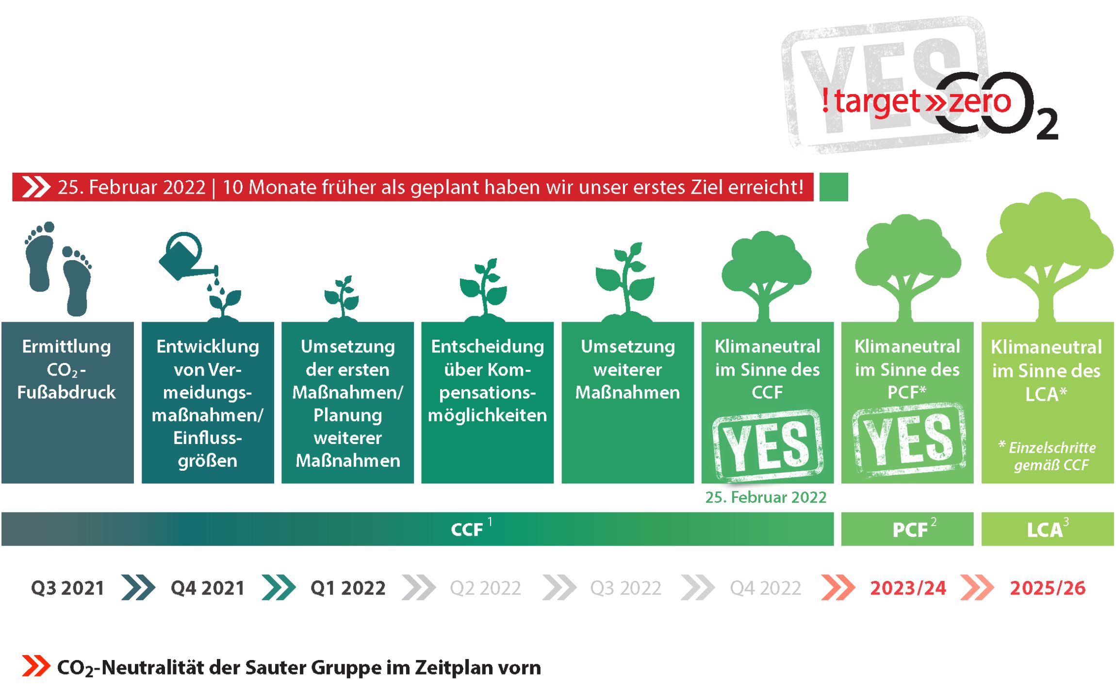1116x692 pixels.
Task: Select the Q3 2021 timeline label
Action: pyautogui.click(x=67, y=588)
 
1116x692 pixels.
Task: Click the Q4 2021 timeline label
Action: pyautogui.click(x=207, y=588)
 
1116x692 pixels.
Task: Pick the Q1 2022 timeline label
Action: pyautogui.click(x=348, y=588)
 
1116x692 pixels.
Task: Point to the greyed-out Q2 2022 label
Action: pyautogui.click(x=485, y=588)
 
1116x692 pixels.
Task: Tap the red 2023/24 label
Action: pyautogui.click(x=908, y=588)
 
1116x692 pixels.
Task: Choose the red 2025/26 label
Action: pyautogui.click(x=1048, y=588)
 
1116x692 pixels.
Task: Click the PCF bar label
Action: pyautogui.click(x=910, y=529)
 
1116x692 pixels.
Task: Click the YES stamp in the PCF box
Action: pyautogui.click(x=908, y=439)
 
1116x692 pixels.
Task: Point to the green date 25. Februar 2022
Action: pyautogui.click(x=766, y=497)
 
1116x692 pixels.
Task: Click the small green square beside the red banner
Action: pyautogui.click(x=834, y=187)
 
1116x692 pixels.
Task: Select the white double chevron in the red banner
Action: pyautogui.click(x=36, y=187)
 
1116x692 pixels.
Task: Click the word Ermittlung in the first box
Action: pyautogui.click(x=66, y=346)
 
